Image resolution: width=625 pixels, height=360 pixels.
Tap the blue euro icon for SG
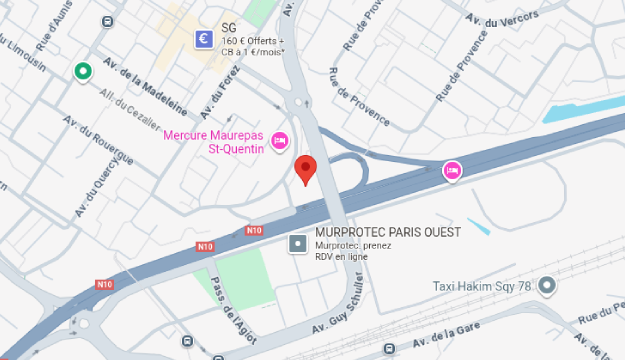pyautogui.click(x=203, y=39)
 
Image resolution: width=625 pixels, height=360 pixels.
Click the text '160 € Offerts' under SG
pyautogui.click(x=253, y=41)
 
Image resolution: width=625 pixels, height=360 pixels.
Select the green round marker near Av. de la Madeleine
pyautogui.click(x=83, y=71)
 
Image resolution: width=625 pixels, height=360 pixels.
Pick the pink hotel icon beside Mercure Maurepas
pyautogui.click(x=280, y=141)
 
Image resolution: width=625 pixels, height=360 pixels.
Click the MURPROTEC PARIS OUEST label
pyautogui.click(x=373, y=232)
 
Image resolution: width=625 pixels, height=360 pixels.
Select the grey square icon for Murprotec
pyautogui.click(x=296, y=243)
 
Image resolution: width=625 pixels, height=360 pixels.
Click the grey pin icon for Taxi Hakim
pyautogui.click(x=546, y=287)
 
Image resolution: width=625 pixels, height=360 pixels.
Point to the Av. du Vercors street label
pyautogui.click(x=506, y=18)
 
